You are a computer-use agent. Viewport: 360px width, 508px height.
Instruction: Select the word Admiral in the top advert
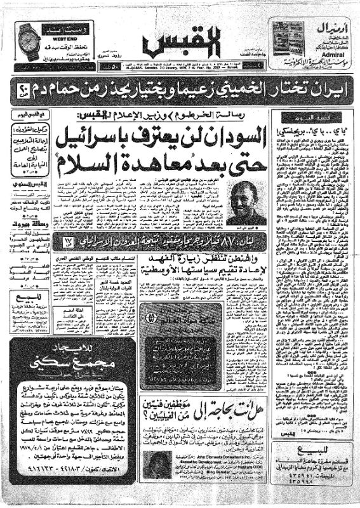coord(323,55)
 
